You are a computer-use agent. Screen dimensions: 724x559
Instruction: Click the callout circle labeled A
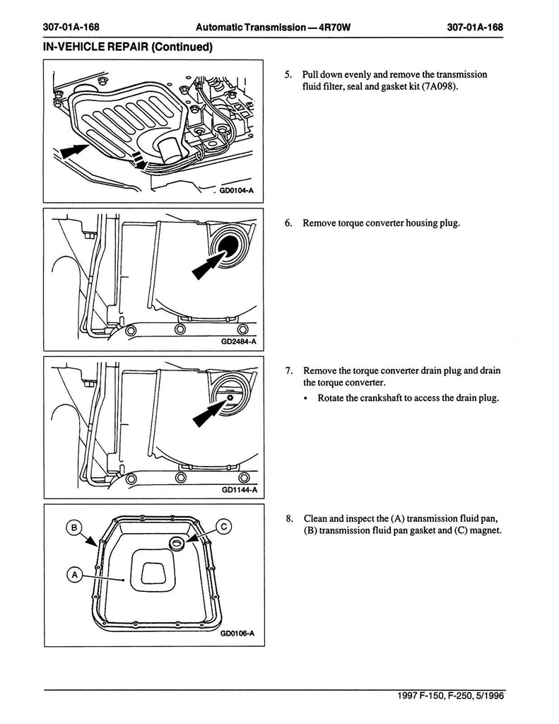point(73,575)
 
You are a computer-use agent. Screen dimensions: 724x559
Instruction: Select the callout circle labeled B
point(73,526)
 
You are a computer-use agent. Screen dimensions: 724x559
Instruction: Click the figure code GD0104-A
point(235,190)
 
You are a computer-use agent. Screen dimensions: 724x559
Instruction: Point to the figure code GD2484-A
point(238,343)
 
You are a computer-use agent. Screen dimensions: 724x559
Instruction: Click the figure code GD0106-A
point(237,633)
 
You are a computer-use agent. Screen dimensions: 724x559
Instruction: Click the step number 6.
point(289,223)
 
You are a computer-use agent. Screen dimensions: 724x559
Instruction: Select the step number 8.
point(289,518)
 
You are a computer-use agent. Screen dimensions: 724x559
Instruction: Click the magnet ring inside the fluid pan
point(176,542)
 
